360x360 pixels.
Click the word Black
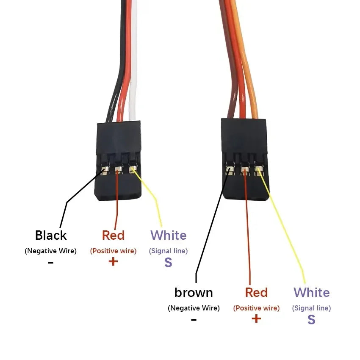point(51,235)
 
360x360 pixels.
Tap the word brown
point(194,293)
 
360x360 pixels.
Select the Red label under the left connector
point(113,235)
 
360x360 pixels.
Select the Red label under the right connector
point(256,293)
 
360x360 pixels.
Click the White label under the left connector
point(168,235)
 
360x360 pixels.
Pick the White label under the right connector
point(312,293)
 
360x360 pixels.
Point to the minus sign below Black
point(50,263)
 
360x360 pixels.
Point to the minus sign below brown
point(194,320)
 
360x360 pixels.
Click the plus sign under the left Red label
point(113,261)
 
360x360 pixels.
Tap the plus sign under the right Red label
point(256,318)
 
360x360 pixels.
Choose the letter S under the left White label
point(168,262)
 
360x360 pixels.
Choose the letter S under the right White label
point(311,319)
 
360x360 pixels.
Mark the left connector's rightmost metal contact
point(133,170)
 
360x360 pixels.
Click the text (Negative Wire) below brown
point(194,308)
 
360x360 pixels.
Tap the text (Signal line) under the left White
point(168,251)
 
